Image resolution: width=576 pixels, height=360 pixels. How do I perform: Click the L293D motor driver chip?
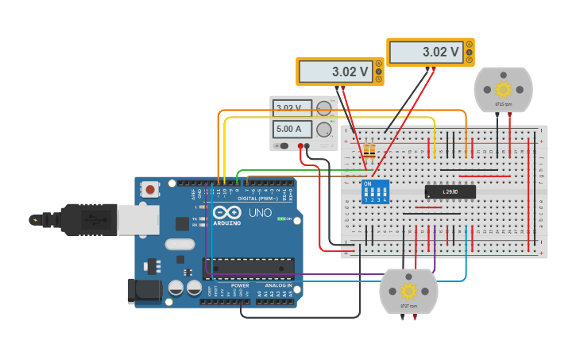[450, 192]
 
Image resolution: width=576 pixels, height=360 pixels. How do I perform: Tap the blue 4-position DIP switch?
[375, 192]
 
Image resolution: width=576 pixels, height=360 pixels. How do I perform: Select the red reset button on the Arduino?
[149, 189]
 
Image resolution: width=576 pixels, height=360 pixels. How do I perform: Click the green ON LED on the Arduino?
[280, 219]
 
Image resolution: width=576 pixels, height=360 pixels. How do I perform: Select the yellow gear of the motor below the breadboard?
[408, 291]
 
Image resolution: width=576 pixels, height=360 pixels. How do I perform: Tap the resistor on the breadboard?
[369, 149]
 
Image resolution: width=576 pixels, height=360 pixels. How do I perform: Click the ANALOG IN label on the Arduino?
[277, 285]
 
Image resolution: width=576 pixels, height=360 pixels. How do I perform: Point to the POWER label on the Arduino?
[240, 285]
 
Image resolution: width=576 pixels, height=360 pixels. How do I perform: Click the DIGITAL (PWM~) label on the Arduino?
[258, 198]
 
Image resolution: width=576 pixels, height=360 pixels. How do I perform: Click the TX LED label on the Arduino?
[195, 219]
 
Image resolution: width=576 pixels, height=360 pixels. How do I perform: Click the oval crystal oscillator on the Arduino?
[180, 245]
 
